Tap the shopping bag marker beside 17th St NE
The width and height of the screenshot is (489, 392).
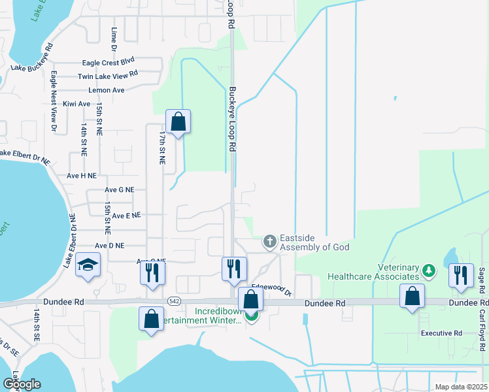click(178, 122)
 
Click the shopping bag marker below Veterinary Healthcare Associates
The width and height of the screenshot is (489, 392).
click(412, 297)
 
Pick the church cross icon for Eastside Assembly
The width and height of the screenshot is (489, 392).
click(269, 242)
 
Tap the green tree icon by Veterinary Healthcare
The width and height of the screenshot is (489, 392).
click(428, 270)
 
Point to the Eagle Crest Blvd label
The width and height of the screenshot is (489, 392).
click(108, 63)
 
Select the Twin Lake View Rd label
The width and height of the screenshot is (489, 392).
click(108, 76)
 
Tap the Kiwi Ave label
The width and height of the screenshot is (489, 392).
click(76, 104)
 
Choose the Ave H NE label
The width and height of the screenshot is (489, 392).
click(82, 176)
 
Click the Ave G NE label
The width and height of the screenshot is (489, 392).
click(120, 189)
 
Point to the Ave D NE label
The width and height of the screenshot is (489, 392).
click(109, 246)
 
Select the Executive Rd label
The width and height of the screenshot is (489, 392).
click(441, 333)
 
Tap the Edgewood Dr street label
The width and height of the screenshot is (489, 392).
click(271, 287)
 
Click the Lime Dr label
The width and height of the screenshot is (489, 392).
click(114, 40)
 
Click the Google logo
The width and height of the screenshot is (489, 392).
click(22, 384)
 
